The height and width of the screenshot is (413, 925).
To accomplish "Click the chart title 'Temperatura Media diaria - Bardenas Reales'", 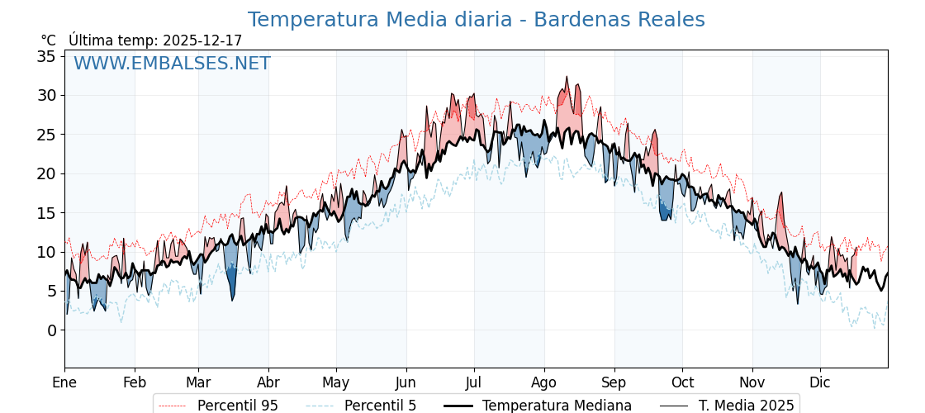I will pyautogui.click(x=476, y=20).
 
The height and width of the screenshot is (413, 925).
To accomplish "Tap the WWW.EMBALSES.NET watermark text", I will pyautogui.click(x=172, y=64).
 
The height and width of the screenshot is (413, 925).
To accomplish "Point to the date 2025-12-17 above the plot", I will pyautogui.click(x=202, y=40).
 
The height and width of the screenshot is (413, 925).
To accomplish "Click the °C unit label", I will pyautogui.click(x=48, y=40).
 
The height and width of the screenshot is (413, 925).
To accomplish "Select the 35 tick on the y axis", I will pyautogui.click(x=46, y=56).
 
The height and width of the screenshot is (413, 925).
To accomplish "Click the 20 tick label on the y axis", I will pyautogui.click(x=46, y=173).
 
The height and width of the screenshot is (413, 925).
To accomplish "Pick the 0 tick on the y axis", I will pyautogui.click(x=51, y=330).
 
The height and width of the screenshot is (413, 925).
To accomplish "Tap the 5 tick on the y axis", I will pyautogui.click(x=51, y=291).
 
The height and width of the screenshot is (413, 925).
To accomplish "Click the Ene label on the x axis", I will pyautogui.click(x=64, y=383).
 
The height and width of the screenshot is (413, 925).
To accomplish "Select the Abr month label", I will pyautogui.click(x=268, y=383).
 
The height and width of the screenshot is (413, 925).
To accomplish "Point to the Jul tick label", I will pyautogui.click(x=474, y=383).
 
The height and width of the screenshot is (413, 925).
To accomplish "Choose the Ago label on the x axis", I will pyautogui.click(x=544, y=383).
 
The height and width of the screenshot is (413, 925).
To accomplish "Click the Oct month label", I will pyautogui.click(x=682, y=383).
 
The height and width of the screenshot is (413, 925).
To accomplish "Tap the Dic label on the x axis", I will pyautogui.click(x=820, y=383).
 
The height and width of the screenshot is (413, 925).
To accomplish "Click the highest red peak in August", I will pyautogui.click(x=567, y=78).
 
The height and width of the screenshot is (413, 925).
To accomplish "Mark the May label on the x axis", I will pyautogui.click(x=336, y=383).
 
